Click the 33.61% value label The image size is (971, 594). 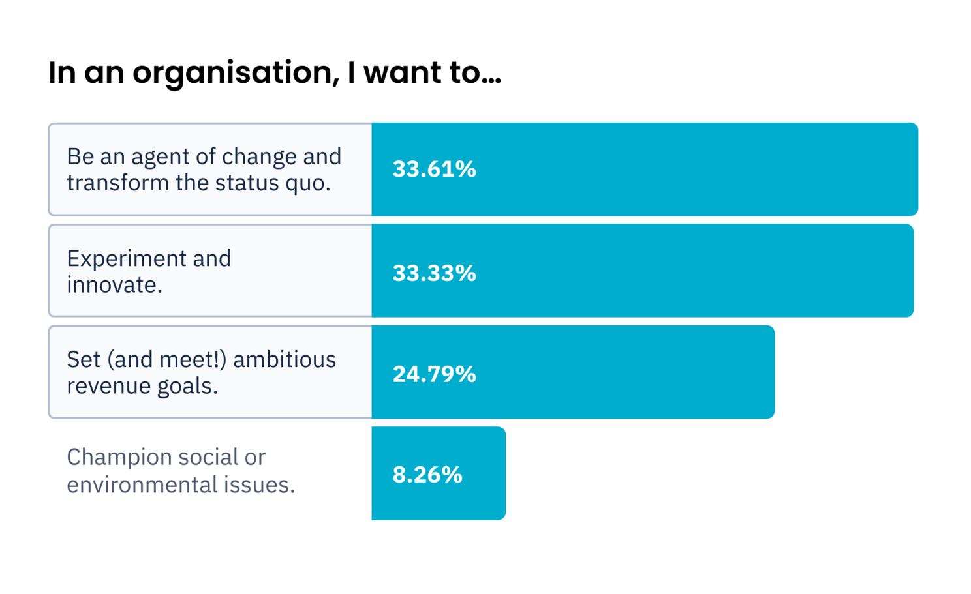[x=434, y=170]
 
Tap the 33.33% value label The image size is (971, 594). [x=434, y=273]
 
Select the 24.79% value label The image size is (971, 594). [x=434, y=374]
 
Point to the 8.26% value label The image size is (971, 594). [x=427, y=475]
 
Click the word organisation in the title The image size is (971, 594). [x=236, y=73]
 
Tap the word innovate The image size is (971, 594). [x=114, y=285]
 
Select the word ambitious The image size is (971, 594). [x=285, y=359]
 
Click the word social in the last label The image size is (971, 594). [x=208, y=457]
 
